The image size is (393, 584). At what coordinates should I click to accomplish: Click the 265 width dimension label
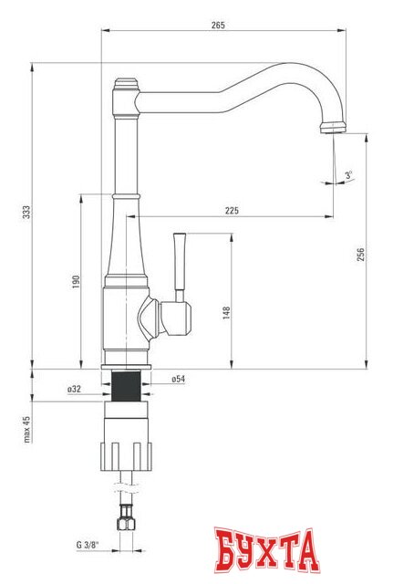pos(217,25)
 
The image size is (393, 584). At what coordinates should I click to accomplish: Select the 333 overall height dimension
pos(27,212)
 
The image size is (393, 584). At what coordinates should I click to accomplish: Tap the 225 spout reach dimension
pos(231,212)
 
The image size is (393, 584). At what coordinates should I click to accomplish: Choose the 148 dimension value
pos(226,312)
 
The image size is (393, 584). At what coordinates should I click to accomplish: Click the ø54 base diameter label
pos(178,379)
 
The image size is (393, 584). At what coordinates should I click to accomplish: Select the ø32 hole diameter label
pos(74,390)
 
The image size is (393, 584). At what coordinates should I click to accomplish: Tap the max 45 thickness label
pos(27,429)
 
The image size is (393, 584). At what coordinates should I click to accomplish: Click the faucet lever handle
pos(180,265)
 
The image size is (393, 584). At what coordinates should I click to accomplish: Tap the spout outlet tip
pos(333,130)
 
